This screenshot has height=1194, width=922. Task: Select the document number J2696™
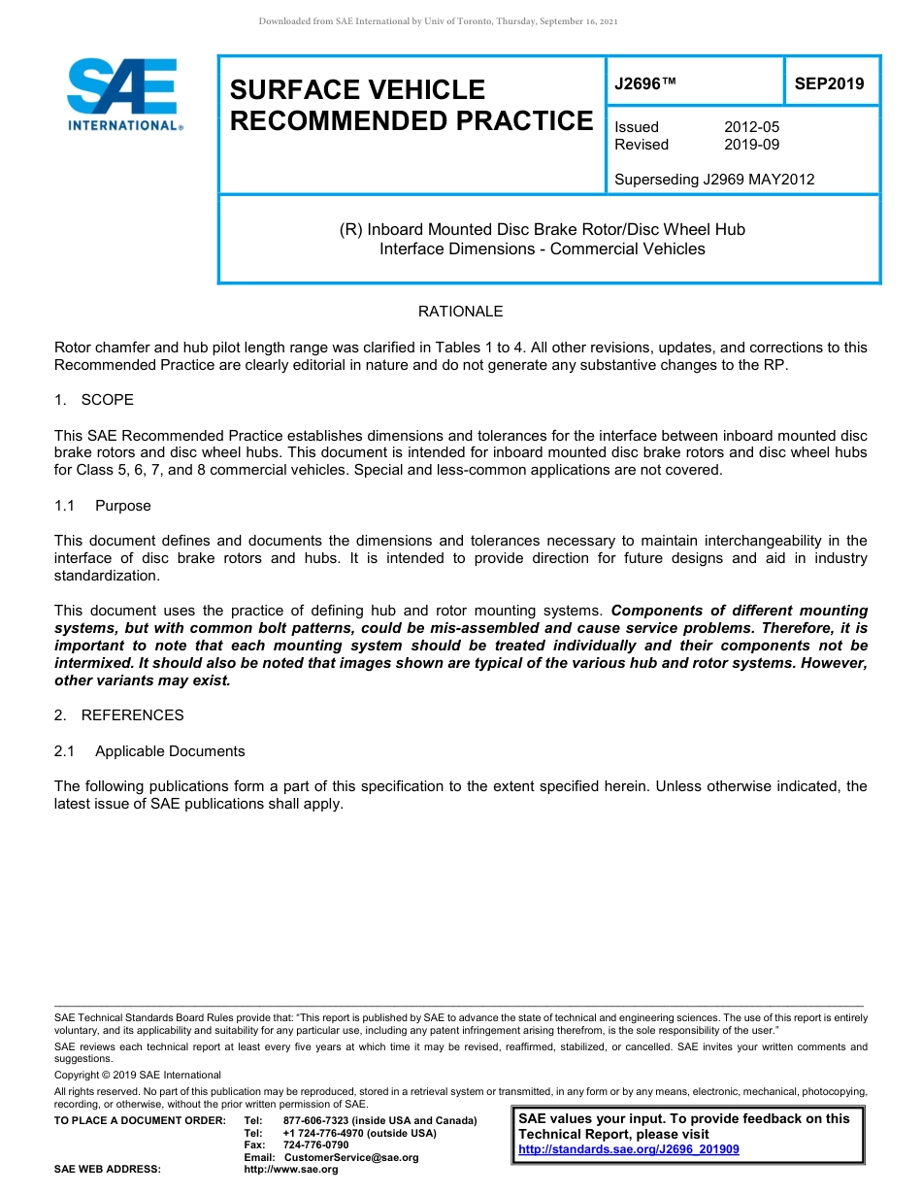[x=644, y=84]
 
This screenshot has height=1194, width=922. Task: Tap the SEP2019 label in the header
[x=829, y=84]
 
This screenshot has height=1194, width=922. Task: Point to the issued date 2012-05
[x=751, y=127]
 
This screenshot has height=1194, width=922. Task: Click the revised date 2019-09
[x=751, y=145]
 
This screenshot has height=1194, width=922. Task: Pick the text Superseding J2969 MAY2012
[x=714, y=180]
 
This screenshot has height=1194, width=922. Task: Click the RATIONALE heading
[x=460, y=312]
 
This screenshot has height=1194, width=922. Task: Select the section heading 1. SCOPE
[x=94, y=400]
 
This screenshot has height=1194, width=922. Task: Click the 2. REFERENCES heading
[x=118, y=715]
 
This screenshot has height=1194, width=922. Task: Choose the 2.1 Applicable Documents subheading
[x=149, y=751]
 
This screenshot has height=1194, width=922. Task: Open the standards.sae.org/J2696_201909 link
[x=629, y=1149]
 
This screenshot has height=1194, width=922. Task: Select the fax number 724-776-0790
[x=315, y=1145]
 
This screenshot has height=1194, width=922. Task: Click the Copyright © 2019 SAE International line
[x=138, y=1075]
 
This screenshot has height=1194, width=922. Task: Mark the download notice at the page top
[x=438, y=21]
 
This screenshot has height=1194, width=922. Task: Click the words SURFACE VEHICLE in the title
[x=357, y=90]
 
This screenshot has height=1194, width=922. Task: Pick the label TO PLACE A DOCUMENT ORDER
[x=140, y=1120]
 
